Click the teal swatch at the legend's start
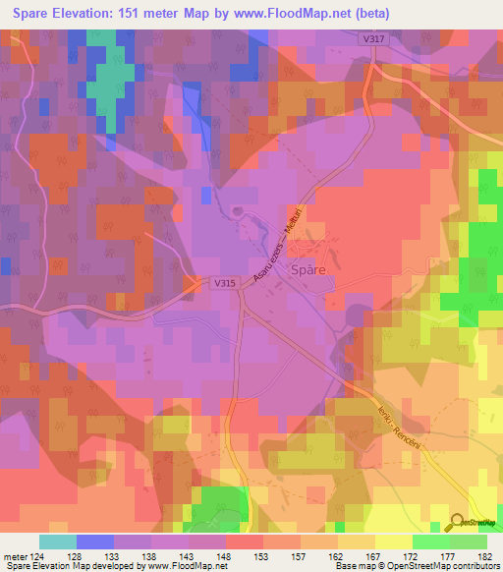coord(58,542)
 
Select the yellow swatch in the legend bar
coord(393,542)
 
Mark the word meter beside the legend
coord(16,557)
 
